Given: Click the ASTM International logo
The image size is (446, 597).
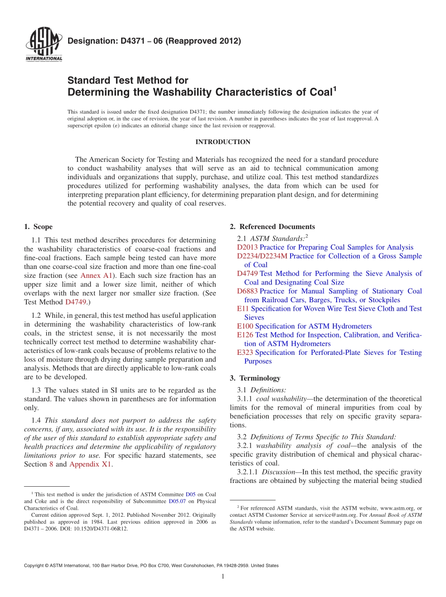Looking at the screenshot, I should tap(44, 45).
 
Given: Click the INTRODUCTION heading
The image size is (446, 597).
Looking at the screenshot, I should tap(223, 142).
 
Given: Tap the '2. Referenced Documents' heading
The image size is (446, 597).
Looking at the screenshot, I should tap(272, 227).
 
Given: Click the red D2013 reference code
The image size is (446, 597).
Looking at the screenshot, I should tap(247, 247).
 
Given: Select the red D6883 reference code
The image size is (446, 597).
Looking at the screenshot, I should tap(247, 291).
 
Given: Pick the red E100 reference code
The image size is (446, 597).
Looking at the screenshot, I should tap(245, 326).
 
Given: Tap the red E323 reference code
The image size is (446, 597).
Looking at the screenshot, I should tap(245, 352).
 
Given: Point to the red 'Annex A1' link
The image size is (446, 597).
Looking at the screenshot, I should tap(96, 276).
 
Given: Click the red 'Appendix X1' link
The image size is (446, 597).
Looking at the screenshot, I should tap(91, 465).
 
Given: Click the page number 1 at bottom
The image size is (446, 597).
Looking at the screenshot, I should tap(223, 577).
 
